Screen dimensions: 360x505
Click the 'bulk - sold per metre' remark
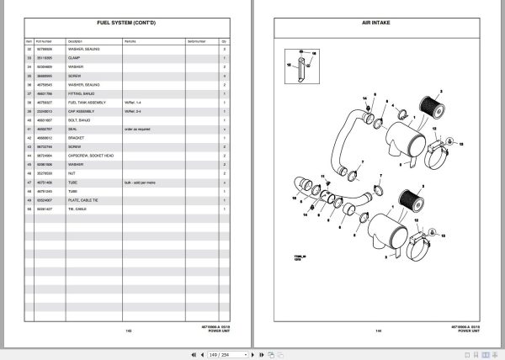click(x=137, y=183)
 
